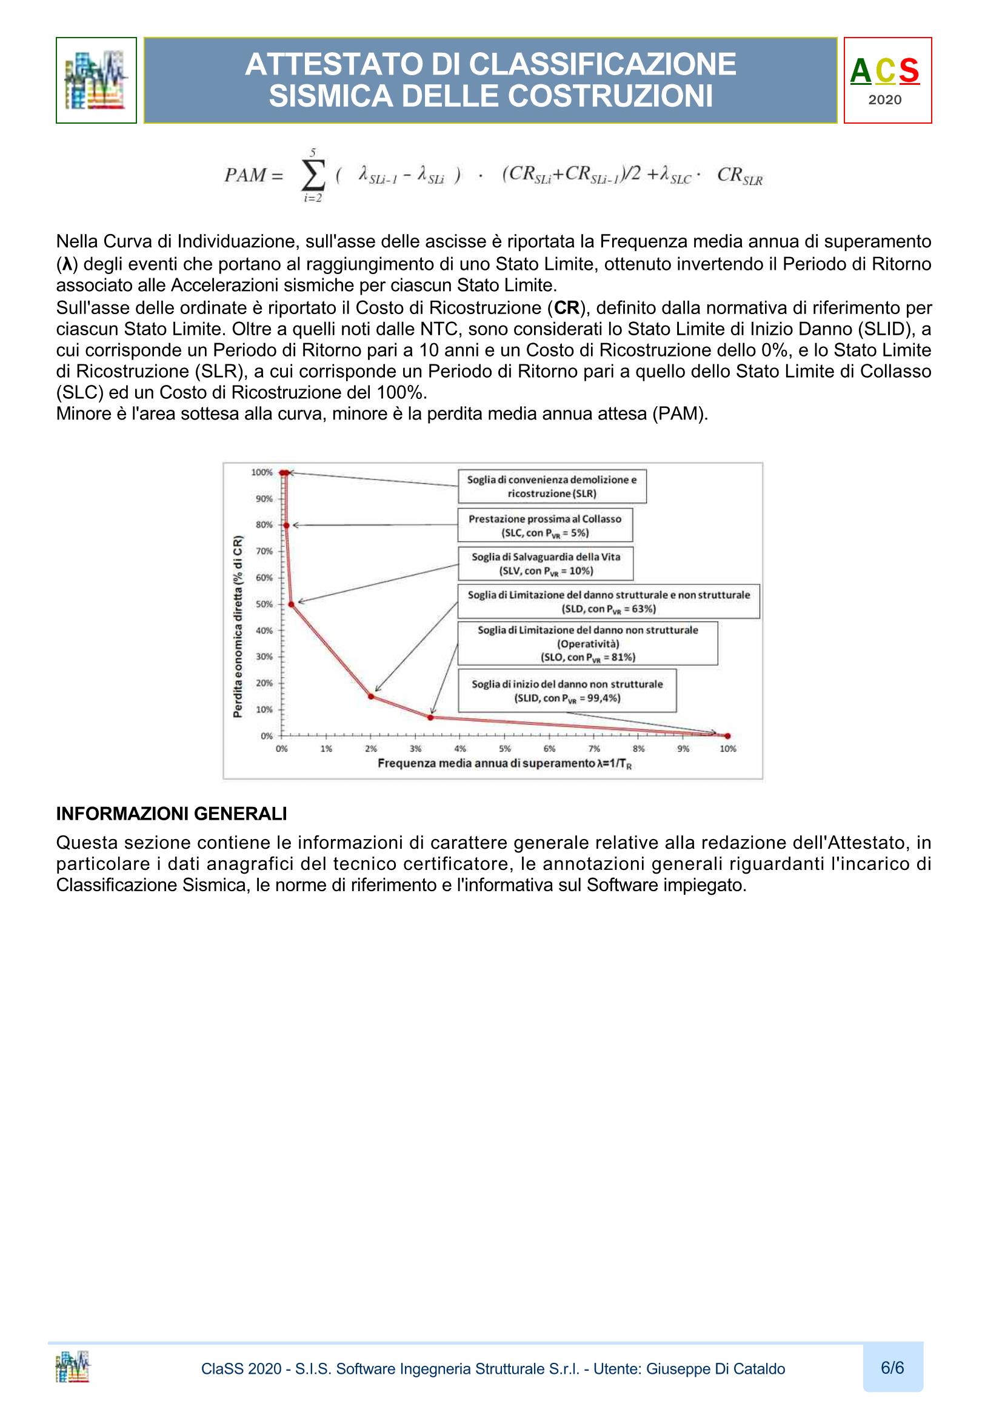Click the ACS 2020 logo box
point(887,80)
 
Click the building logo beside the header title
point(96,80)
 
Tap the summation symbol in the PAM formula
point(312,176)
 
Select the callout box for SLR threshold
point(552,487)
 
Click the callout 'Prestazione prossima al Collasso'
point(544,526)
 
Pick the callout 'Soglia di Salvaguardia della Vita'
point(546,563)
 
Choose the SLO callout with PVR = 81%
point(587,643)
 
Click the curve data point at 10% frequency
point(728,735)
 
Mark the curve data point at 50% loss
point(292,604)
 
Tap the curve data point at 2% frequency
point(371,697)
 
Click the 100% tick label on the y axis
point(262,472)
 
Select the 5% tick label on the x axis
point(504,749)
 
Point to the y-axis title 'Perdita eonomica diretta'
point(238,627)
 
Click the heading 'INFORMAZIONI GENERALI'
point(172,814)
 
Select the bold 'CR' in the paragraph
point(566,307)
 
